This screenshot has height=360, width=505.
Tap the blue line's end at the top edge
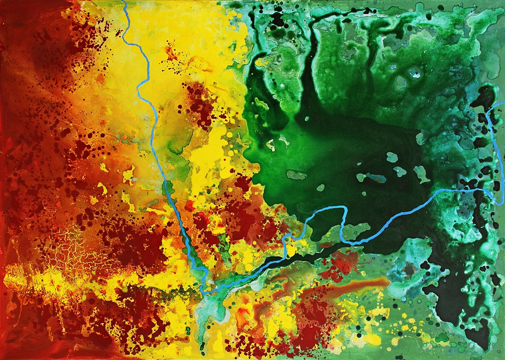pos(123,2)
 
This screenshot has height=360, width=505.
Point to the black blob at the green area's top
pos(279,20)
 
